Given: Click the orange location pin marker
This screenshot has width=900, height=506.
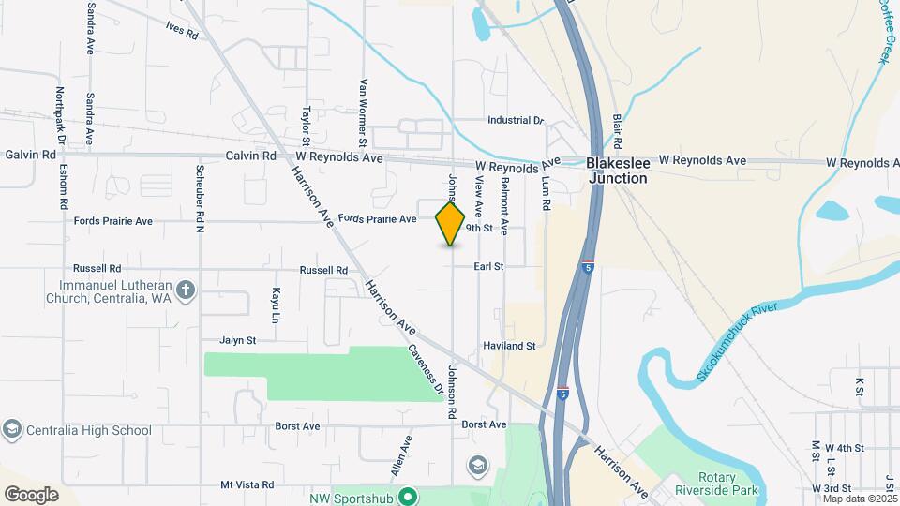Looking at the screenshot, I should (x=451, y=223).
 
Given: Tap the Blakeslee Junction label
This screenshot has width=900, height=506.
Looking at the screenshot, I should (x=616, y=170).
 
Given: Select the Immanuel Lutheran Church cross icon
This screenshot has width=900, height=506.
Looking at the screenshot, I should (x=186, y=290).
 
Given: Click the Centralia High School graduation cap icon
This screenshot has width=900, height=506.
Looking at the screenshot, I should (x=12, y=430).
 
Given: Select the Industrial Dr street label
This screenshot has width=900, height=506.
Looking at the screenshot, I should (x=516, y=121).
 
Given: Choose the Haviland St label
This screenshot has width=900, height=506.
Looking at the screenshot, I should (x=510, y=346).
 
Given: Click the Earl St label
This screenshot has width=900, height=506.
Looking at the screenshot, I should (x=488, y=267).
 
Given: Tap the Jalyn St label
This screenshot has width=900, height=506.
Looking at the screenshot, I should (x=238, y=340).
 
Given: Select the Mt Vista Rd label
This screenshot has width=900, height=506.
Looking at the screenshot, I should (x=247, y=485).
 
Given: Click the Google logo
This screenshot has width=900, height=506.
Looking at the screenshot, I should (x=31, y=494).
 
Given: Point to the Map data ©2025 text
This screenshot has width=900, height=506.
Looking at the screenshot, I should (x=859, y=499).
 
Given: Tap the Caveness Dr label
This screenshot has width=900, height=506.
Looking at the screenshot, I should (x=425, y=369).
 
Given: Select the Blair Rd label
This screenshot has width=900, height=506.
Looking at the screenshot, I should (x=618, y=130).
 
